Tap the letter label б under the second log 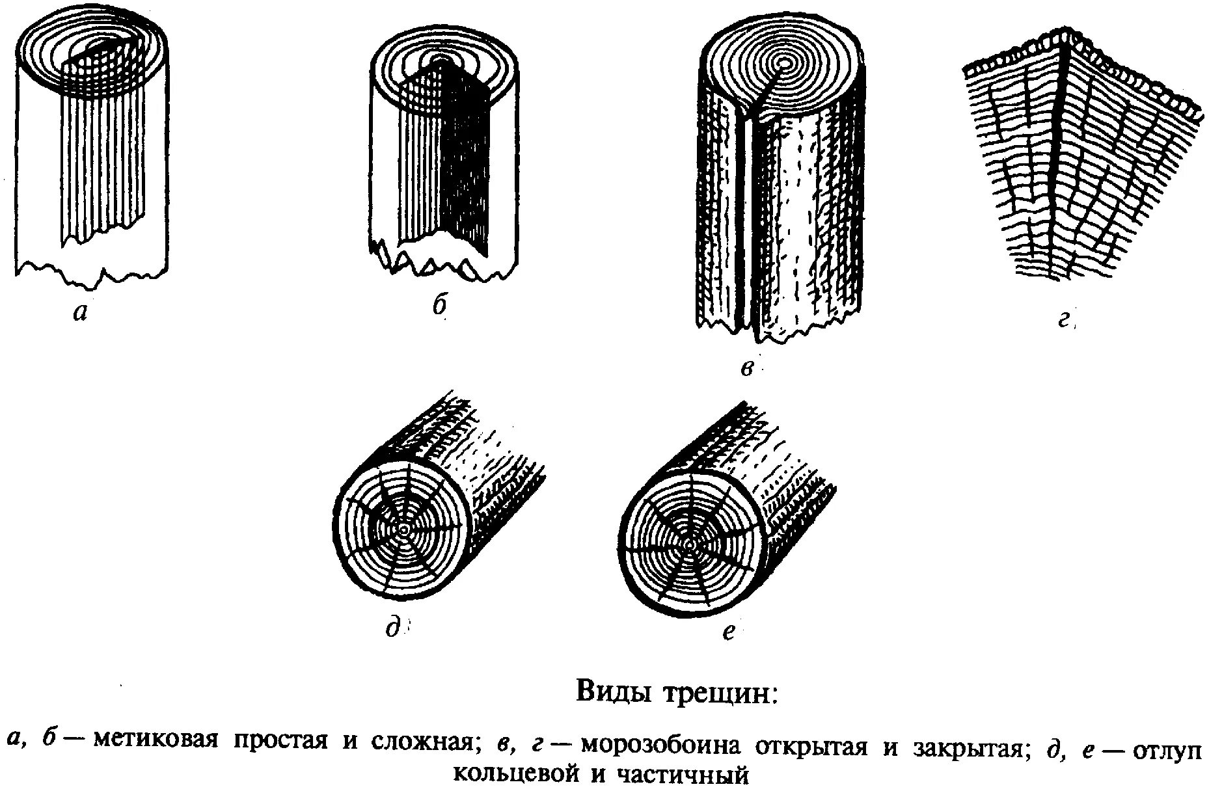pyautogui.click(x=441, y=305)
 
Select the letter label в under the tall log pyautogui.click(x=747, y=369)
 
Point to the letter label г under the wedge pyautogui.click(x=1064, y=319)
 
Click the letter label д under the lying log pyautogui.click(x=392, y=628)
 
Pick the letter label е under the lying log pyautogui.click(x=729, y=630)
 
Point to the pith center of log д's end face pyautogui.click(x=404, y=530)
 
